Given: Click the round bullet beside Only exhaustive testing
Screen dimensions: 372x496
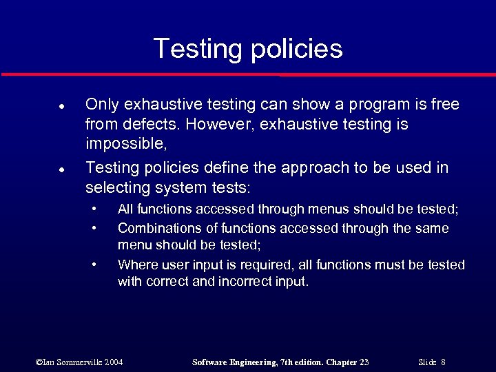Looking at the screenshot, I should click(x=43, y=106).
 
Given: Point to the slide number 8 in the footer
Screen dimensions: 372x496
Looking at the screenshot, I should click(x=444, y=362).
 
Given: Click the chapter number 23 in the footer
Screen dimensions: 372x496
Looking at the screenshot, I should click(x=362, y=362).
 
